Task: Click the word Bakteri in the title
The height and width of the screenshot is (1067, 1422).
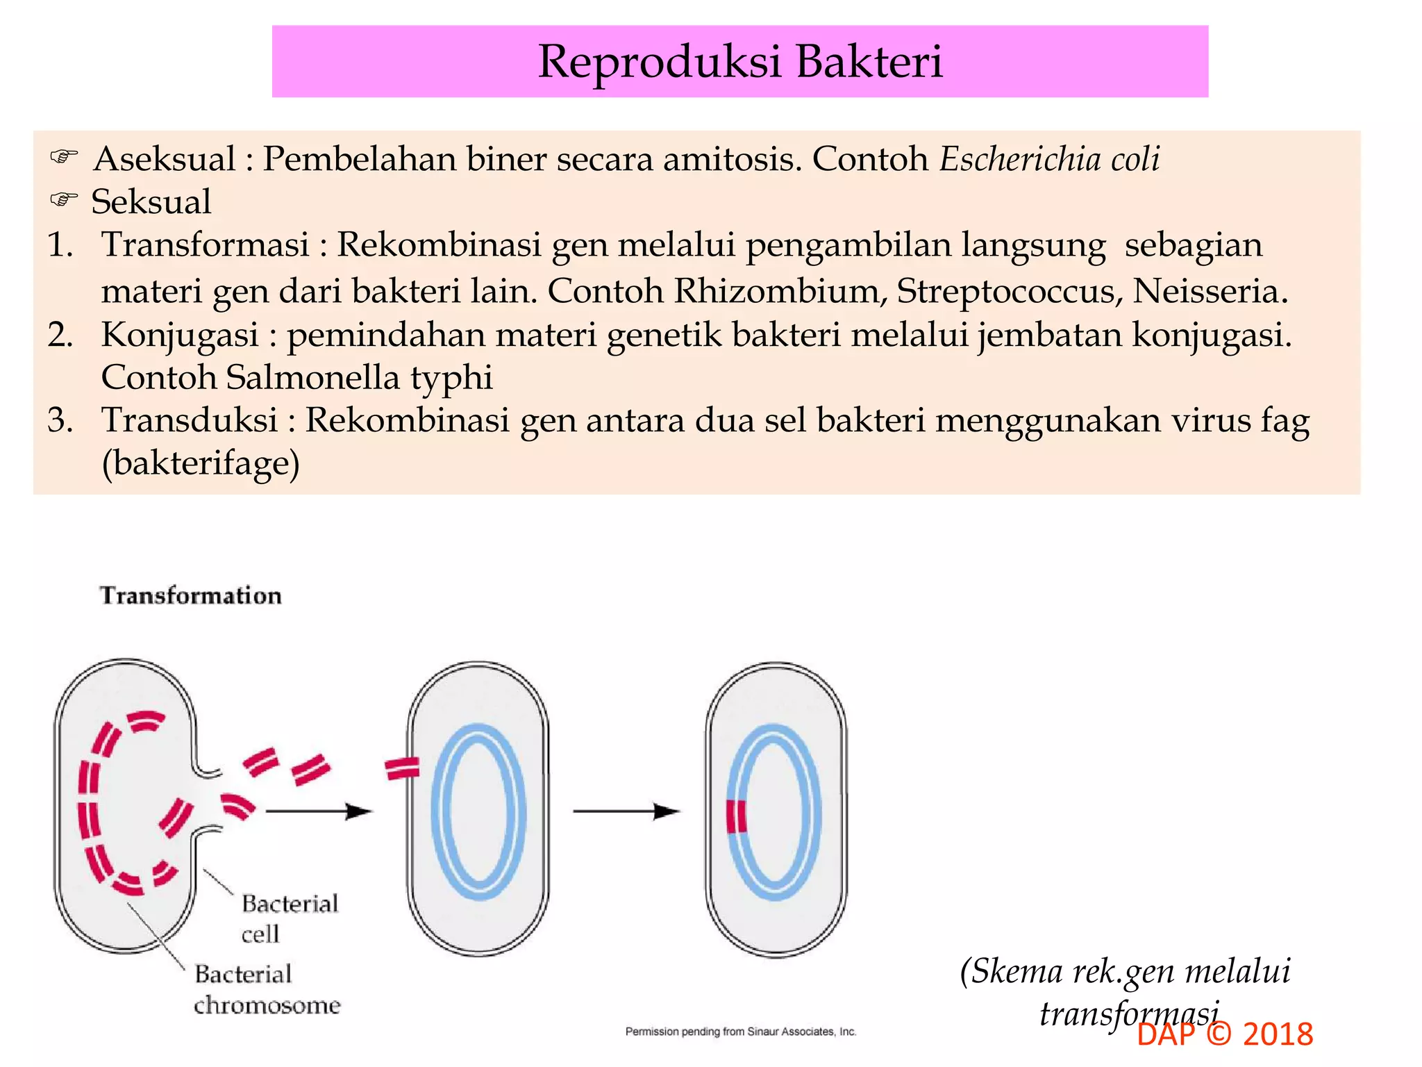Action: tap(869, 61)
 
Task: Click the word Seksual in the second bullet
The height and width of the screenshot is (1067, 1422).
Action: tap(151, 202)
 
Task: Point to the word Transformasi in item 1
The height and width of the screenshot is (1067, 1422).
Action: tap(206, 245)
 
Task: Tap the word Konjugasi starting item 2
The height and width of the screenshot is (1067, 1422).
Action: tap(180, 334)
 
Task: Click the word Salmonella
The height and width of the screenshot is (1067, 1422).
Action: tap(313, 377)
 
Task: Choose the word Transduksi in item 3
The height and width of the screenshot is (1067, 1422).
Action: tap(190, 420)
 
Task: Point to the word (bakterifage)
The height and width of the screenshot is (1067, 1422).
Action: tap(201, 463)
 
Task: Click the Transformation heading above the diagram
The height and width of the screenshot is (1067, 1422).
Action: tap(191, 595)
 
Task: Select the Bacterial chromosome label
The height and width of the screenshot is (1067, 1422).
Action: tap(267, 989)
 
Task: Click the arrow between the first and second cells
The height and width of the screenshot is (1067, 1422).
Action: tap(319, 811)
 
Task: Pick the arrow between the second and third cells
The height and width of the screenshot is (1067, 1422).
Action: tap(626, 811)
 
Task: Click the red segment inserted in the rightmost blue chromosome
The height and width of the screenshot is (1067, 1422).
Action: tap(737, 816)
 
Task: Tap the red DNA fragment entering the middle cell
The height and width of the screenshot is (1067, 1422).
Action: tap(402, 768)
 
